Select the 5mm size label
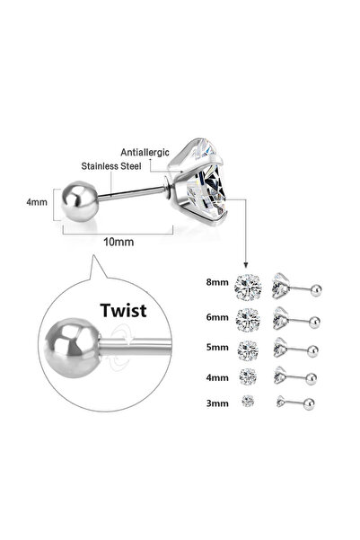[217, 344]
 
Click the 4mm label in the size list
[217, 372]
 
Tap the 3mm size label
[217, 398]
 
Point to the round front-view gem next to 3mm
[246, 398]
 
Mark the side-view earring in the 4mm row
[297, 372]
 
